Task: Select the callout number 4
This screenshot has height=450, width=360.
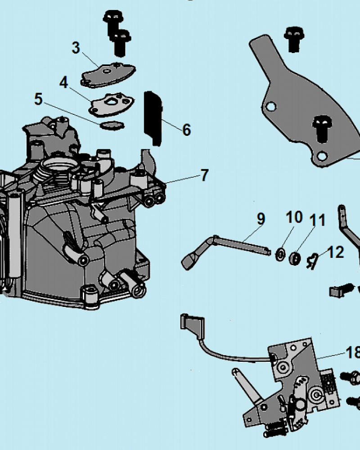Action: click(63, 82)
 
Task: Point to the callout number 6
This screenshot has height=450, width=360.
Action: click(186, 130)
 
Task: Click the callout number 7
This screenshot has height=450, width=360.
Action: click(205, 175)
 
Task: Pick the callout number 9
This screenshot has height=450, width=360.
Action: click(261, 220)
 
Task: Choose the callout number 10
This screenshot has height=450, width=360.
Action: click(294, 218)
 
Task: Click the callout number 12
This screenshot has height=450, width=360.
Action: click(336, 252)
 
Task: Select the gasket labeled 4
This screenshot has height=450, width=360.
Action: click(111, 103)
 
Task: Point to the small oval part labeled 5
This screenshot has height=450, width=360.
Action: click(111, 125)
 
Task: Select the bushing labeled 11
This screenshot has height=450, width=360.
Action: click(295, 258)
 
